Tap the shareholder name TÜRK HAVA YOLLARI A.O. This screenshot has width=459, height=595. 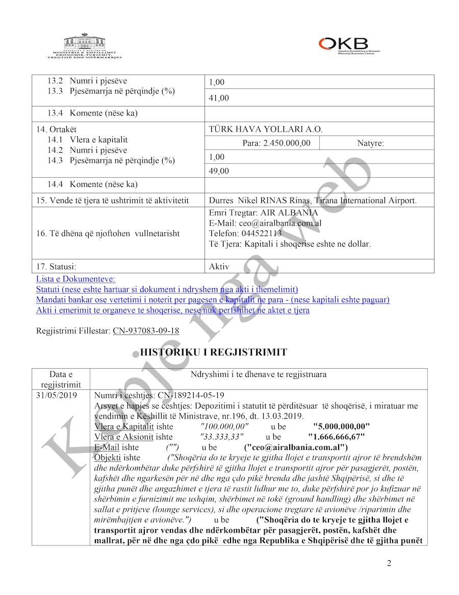tap(266, 130)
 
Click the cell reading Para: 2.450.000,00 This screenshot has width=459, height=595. tap(276, 144)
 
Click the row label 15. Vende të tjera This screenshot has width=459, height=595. tap(119, 201)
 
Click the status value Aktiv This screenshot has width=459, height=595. tap(219, 267)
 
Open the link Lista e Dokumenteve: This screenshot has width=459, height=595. tap(75, 279)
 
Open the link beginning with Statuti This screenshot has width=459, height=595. tap(167, 289)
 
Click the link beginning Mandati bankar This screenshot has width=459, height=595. tap(213, 300)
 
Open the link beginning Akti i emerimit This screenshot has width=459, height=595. tap(173, 310)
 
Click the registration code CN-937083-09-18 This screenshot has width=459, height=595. tap(146, 331)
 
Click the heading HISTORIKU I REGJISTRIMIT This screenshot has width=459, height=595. tap(213, 352)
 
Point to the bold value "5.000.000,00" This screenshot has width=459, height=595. tap(341, 426)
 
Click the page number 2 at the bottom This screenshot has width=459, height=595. tap(389, 563)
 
